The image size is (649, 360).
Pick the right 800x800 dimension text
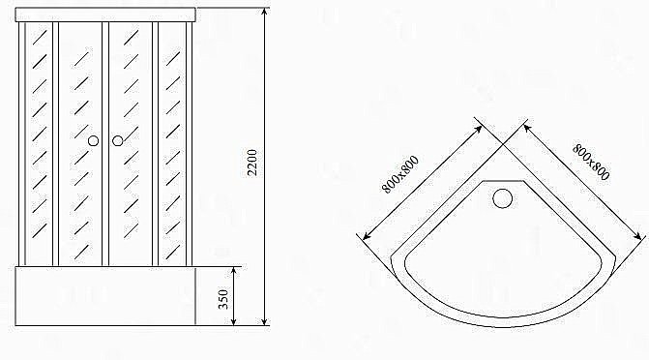[591, 163]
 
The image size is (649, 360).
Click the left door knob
[93, 141]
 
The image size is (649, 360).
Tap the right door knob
[117, 141]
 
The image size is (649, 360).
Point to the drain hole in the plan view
[503, 200]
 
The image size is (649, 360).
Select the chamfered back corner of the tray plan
[503, 181]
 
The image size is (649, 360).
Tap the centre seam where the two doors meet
[105, 145]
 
